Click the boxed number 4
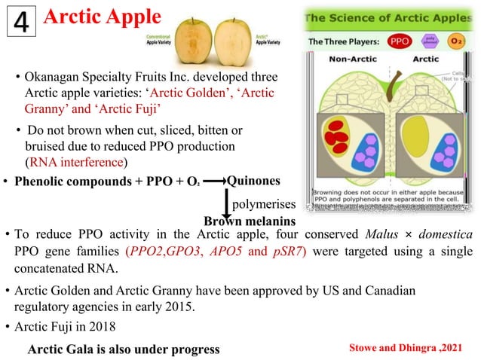(22, 23)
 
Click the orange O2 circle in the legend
(449, 41)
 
